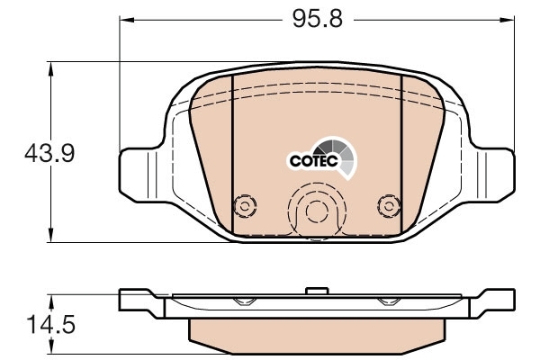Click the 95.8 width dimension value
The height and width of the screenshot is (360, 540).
tap(318, 19)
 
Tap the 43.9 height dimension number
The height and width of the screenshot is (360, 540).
tap(49, 153)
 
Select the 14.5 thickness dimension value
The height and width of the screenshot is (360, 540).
tap(51, 325)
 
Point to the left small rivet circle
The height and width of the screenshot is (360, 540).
tap(245, 207)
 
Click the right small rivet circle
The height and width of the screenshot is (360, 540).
tap(389, 207)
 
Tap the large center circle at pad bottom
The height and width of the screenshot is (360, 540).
tap(317, 211)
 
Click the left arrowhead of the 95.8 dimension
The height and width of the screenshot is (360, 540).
tap(126, 20)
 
